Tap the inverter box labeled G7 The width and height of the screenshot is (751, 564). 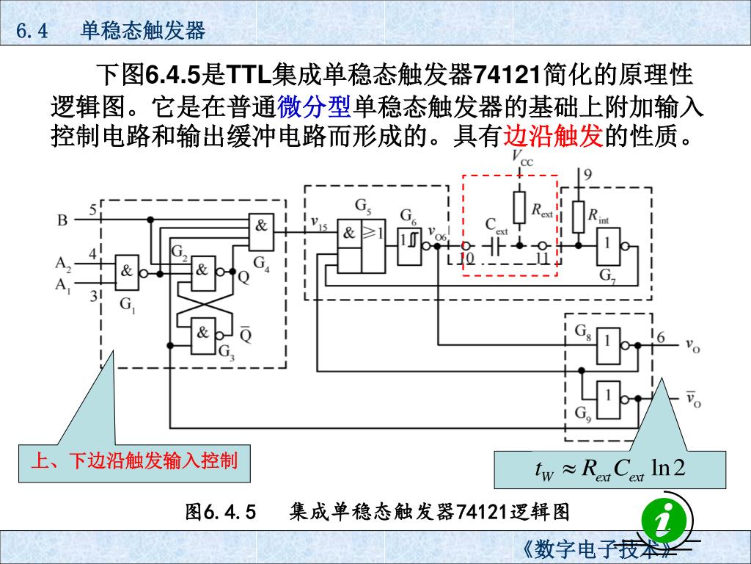[607, 248]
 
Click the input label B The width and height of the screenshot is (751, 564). [62, 220]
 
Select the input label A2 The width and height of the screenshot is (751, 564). [63, 262]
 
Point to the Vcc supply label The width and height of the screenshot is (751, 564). [522, 159]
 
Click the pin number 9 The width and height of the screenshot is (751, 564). [588, 175]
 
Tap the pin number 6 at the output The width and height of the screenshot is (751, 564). [661, 337]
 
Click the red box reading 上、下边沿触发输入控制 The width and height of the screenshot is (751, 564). [133, 461]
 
